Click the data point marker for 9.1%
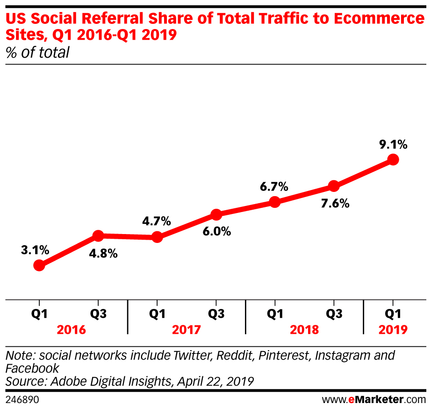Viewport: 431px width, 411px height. (393, 160)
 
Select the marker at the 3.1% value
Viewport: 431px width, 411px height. (39, 265)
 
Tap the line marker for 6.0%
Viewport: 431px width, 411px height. (216, 215)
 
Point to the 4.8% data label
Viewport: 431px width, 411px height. (104, 255)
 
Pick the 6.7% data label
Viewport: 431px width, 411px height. (274, 187)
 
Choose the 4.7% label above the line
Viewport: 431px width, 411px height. (157, 221)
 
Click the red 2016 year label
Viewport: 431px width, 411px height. (71, 330)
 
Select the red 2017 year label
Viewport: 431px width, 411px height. (186, 330)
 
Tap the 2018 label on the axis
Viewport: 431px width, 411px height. (304, 330)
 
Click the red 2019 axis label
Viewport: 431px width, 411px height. (393, 330)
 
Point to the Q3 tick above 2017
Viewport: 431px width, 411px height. (216, 314)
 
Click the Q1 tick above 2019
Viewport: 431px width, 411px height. (393, 314)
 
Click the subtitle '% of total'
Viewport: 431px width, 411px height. (37, 52)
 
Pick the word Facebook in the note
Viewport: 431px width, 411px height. (32, 368)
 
